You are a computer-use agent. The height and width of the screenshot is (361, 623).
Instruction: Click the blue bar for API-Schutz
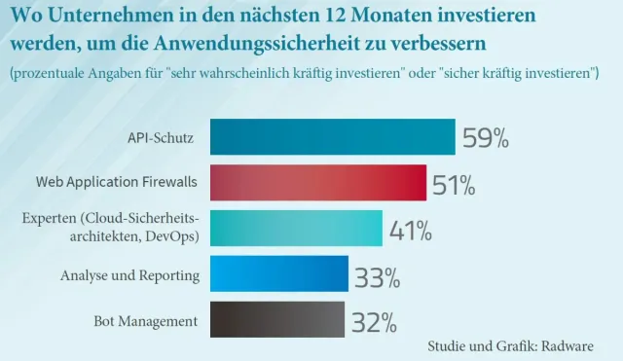pos(332,137)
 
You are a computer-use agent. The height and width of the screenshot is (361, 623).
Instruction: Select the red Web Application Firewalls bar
pos(317,182)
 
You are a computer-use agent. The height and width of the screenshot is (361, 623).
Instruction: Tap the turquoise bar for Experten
pos(296,228)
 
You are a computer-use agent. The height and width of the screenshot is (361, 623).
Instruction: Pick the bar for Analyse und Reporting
pos(278,274)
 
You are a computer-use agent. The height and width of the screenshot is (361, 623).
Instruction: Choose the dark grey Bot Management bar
pos(277,320)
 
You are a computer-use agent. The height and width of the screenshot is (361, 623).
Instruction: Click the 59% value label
pos(486,138)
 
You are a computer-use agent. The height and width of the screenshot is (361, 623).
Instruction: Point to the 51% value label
pos(455,184)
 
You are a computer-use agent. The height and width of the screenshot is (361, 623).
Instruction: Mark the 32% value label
pos(373,322)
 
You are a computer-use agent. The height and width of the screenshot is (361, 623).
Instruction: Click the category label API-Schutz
pos(163,138)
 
